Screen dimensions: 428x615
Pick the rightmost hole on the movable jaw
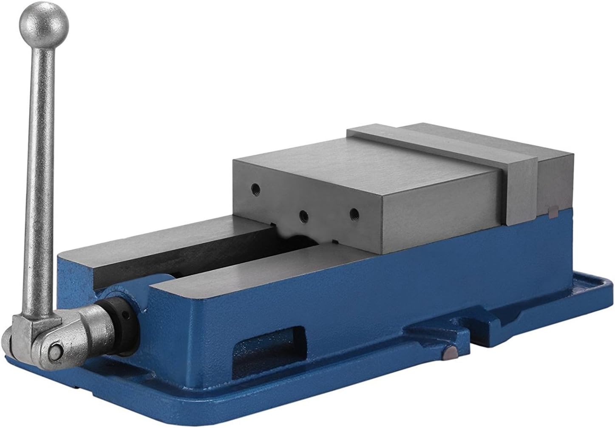pos(353,211)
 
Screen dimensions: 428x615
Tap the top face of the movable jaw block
pos(366,170)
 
